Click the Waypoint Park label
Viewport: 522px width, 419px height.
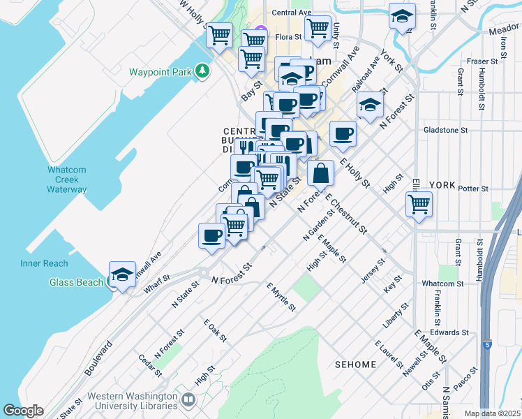pos(161,72)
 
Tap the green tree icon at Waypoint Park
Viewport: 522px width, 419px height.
pos(202,71)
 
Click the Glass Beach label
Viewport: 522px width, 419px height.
pos(76,282)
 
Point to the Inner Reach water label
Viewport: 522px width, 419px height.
pos(44,263)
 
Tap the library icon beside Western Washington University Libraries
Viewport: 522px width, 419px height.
pos(188,400)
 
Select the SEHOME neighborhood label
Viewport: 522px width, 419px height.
pos(355,365)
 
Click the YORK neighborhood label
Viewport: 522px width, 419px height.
pos(442,186)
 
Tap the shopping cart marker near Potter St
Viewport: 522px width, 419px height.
pos(419,204)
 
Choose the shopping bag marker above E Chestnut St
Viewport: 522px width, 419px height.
pos(320,172)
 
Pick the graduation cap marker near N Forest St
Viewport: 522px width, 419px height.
pos(370,105)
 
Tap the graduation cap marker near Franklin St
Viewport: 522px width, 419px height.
pos(402,17)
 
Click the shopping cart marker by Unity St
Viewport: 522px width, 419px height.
pos(318,28)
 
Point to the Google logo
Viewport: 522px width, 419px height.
pos(23,411)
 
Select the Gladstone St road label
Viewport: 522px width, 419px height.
pos(445,130)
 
